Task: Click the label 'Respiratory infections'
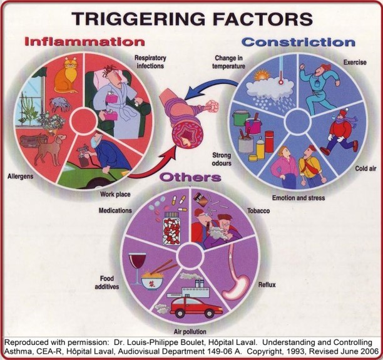[x=150, y=61]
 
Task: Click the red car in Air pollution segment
[x=197, y=306]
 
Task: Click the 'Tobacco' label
[x=258, y=211]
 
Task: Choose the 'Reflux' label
[x=267, y=285]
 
